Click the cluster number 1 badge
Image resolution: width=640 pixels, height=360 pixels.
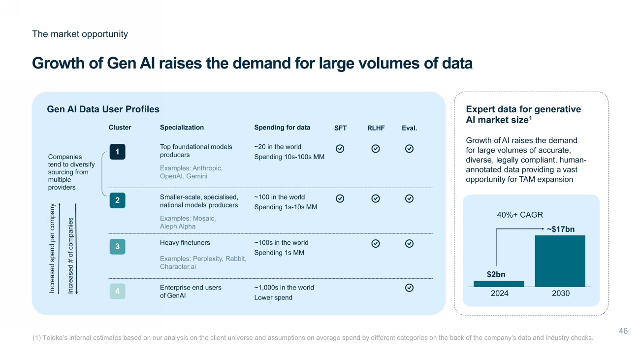click(117, 151)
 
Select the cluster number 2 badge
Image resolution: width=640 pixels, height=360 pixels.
click(117, 200)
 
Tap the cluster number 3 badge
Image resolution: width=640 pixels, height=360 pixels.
click(117, 246)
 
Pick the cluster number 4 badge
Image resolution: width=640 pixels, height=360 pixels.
click(117, 292)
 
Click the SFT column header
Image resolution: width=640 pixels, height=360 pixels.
click(340, 128)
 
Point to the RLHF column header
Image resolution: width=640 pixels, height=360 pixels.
click(376, 128)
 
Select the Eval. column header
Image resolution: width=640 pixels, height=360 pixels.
click(409, 128)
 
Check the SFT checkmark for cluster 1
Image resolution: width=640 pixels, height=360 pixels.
click(340, 148)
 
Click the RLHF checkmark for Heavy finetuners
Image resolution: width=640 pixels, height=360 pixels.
click(376, 243)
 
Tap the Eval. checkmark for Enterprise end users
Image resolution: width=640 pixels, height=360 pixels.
click(409, 288)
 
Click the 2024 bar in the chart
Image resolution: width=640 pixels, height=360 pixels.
click(498, 284)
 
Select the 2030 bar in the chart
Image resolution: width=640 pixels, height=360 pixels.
click(560, 261)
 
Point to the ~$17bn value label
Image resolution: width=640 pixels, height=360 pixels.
click(560, 229)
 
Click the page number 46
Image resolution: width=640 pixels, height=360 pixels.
click(623, 331)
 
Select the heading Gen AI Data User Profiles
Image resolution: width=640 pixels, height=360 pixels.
click(103, 109)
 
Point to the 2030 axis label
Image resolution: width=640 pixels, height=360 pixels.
click(561, 294)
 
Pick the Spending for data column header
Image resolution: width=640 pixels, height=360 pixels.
click(282, 128)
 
